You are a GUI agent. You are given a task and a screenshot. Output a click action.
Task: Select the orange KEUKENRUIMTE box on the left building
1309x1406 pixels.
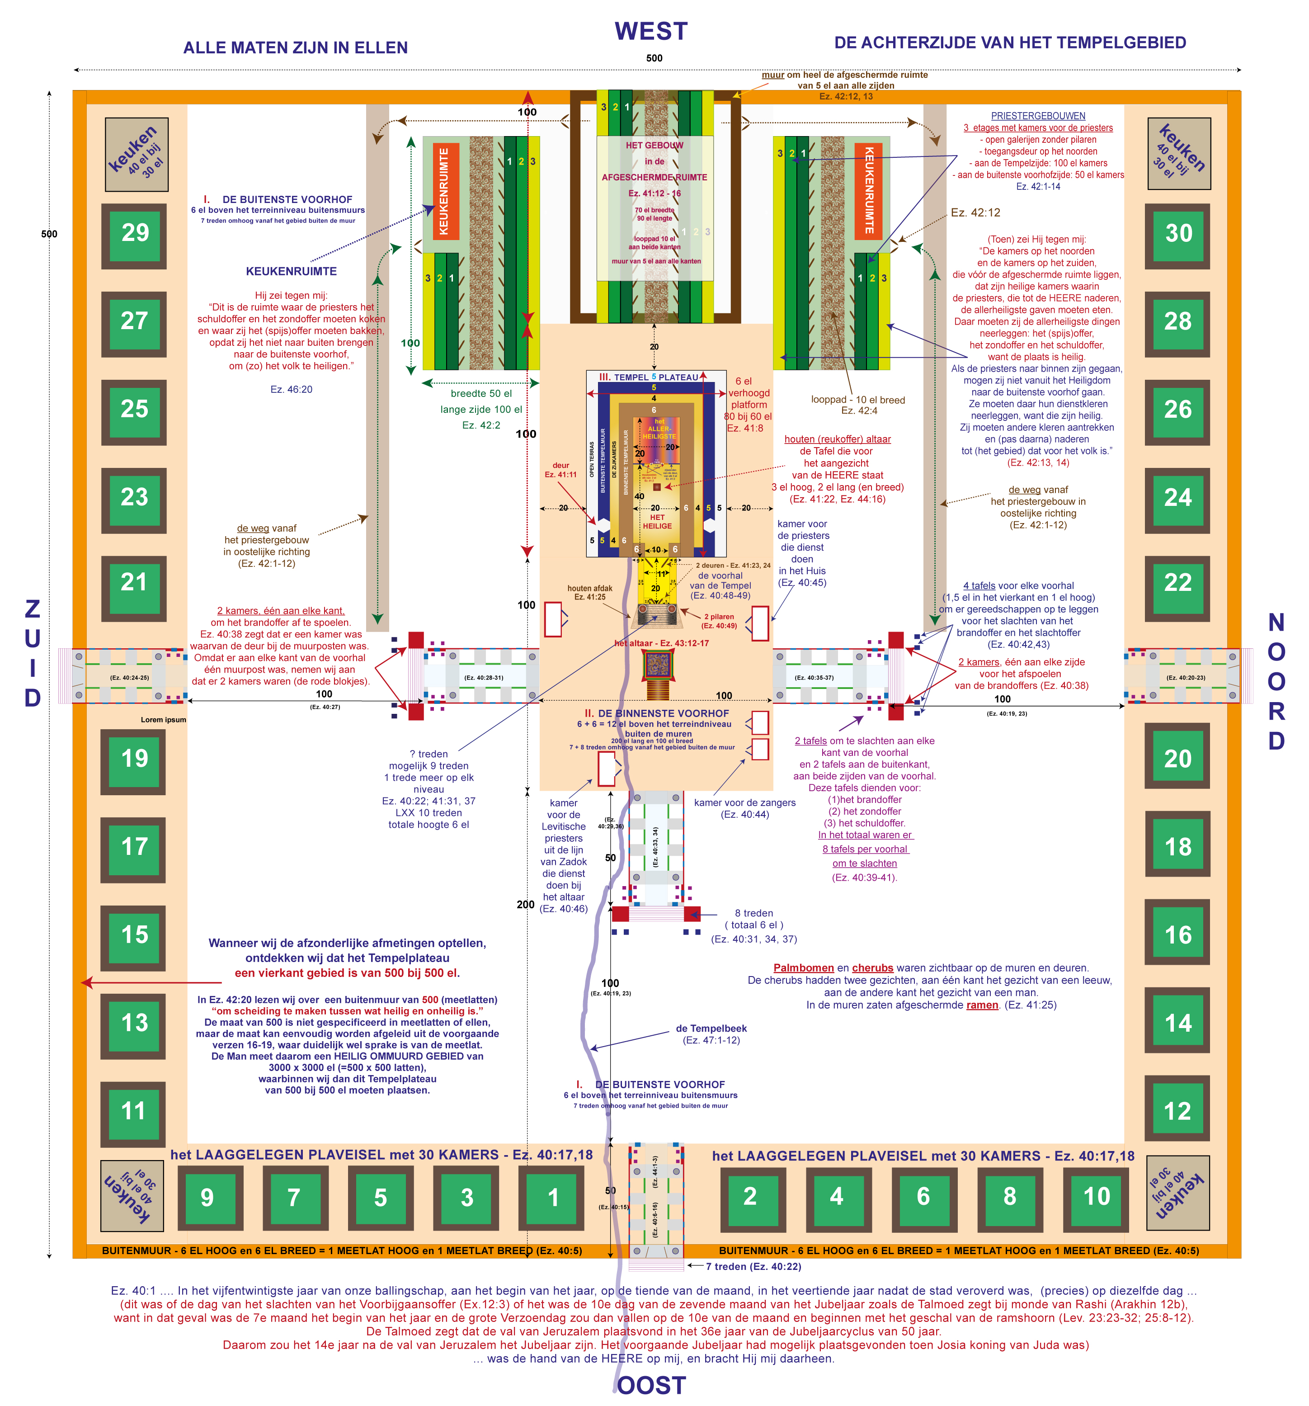coord(444,191)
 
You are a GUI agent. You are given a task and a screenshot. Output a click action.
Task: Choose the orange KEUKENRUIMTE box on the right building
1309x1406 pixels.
coord(868,191)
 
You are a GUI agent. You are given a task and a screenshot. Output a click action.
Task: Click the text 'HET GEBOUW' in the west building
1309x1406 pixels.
coord(654,146)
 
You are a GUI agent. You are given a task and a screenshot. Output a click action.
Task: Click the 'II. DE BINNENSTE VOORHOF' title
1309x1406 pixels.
coord(656,713)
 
